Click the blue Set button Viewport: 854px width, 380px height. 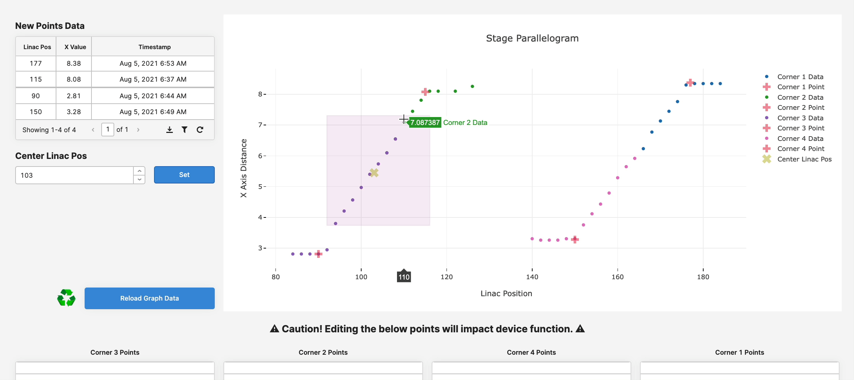[184, 175]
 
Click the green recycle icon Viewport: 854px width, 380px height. [66, 298]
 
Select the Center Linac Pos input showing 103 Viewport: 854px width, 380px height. [74, 175]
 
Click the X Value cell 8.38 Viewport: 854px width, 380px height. [74, 64]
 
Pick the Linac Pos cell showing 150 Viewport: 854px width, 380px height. [36, 112]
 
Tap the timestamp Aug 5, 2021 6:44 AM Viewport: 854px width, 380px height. [153, 96]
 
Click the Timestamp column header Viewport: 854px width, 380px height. [154, 47]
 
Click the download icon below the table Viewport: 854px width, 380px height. [169, 130]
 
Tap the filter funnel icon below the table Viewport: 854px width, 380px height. [184, 130]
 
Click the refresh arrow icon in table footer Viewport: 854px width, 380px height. [200, 130]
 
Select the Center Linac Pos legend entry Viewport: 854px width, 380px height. [804, 159]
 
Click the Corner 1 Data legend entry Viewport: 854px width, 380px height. [800, 77]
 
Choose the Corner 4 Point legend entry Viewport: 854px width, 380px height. [800, 149]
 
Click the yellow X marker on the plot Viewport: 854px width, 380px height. [374, 173]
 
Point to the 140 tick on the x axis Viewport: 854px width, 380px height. [532, 277]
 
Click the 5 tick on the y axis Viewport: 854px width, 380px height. [260, 187]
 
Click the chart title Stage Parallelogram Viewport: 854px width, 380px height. [532, 38]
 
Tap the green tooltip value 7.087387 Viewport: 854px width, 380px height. [425, 123]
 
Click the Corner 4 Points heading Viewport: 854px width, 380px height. [531, 353]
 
